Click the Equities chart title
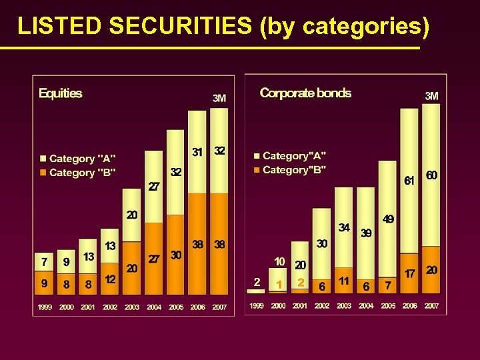60,93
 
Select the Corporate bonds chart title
305,93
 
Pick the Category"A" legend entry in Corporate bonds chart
294,156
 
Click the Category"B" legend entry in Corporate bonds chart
294,170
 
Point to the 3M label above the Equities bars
219,98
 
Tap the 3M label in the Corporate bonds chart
431,96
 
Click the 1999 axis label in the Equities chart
44,307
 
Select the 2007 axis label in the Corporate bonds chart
431,306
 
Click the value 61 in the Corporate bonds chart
409,180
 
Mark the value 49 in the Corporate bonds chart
388,219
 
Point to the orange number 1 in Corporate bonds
279,284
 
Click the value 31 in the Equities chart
197,152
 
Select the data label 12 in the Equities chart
110,279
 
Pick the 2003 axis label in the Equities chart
132,307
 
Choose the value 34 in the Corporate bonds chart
344,227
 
